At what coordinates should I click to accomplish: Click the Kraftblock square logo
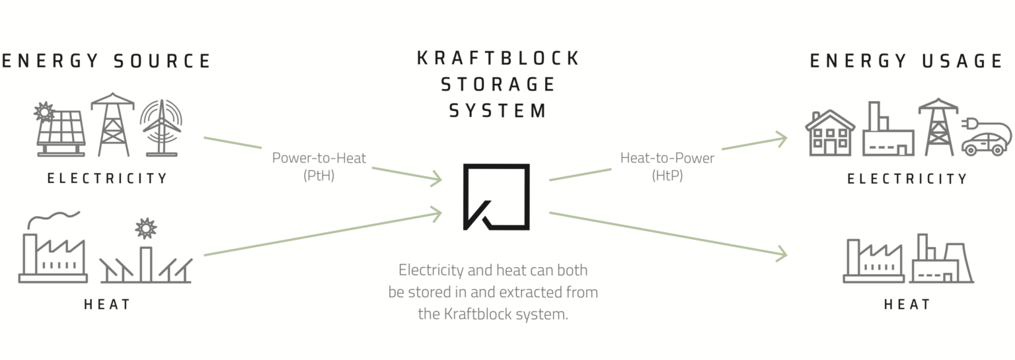click(x=496, y=197)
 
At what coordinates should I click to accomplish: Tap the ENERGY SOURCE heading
click(x=106, y=61)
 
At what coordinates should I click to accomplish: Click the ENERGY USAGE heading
click(x=907, y=61)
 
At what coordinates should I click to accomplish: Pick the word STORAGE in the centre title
click(x=498, y=85)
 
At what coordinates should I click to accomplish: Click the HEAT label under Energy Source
click(x=107, y=305)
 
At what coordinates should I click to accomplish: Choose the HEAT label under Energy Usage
click(x=907, y=305)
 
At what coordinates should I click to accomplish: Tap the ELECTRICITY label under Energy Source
click(x=107, y=178)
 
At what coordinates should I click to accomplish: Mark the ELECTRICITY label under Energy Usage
click(x=907, y=178)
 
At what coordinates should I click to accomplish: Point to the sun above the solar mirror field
click(x=145, y=229)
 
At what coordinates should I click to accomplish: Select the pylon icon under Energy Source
click(x=112, y=125)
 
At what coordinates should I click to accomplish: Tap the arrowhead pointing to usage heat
click(x=782, y=254)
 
